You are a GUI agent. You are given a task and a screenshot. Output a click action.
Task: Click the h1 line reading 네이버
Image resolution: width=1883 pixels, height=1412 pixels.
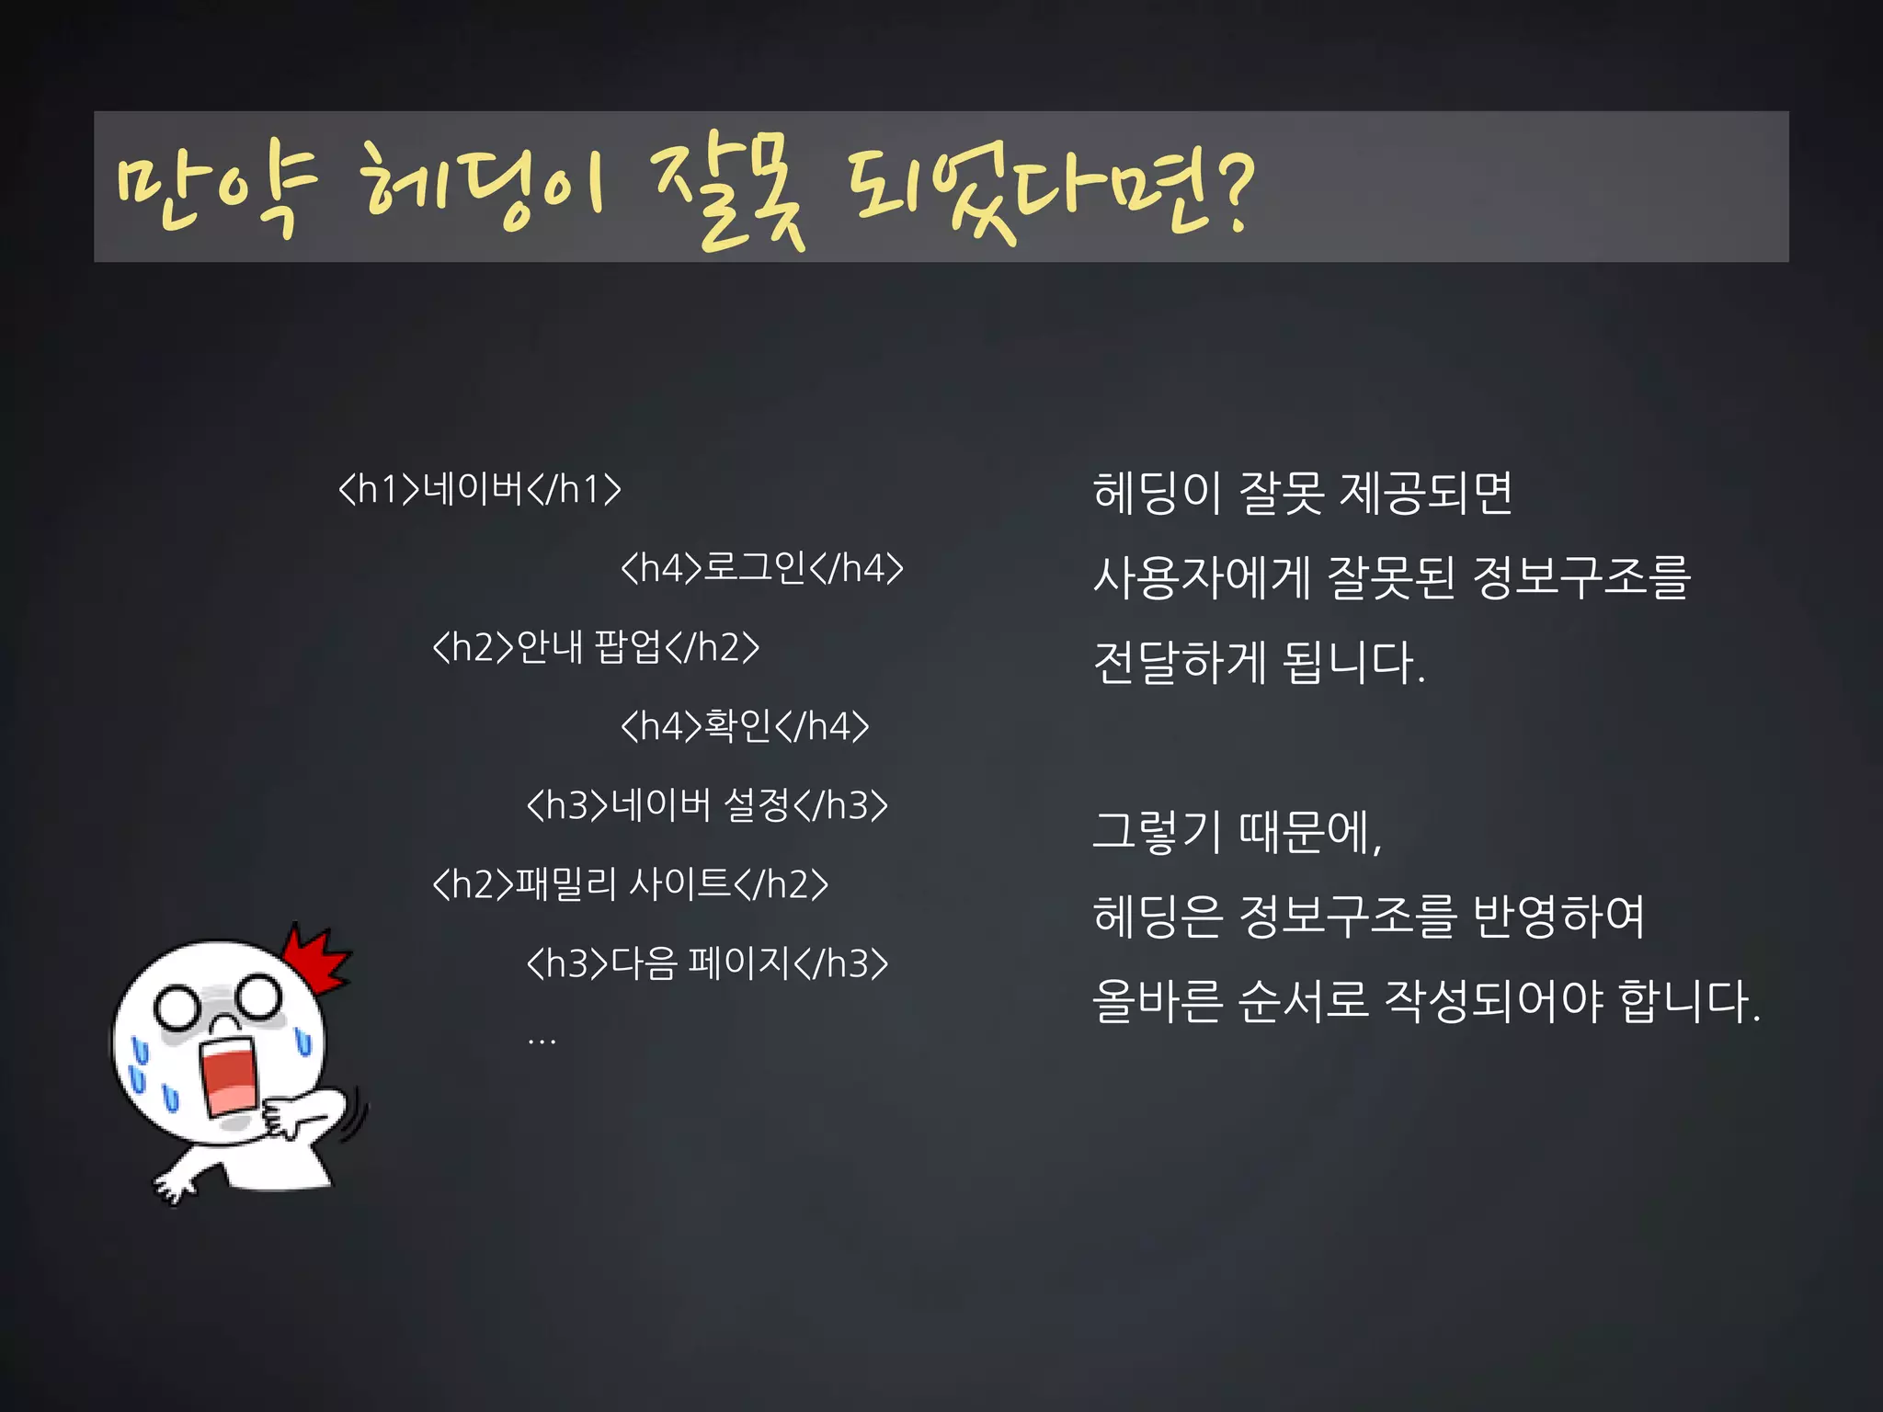click(x=479, y=489)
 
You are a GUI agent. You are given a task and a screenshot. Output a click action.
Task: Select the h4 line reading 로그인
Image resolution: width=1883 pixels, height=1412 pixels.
click(x=761, y=568)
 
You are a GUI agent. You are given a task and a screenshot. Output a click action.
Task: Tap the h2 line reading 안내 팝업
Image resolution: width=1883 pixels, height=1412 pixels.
click(x=596, y=647)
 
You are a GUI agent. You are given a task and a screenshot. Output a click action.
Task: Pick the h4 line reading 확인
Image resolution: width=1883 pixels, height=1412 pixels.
click(x=744, y=726)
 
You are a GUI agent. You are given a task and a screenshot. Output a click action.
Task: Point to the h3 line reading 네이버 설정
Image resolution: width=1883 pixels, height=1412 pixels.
click(x=706, y=805)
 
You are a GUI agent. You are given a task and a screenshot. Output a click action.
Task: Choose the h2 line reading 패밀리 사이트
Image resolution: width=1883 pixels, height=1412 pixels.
click(x=630, y=884)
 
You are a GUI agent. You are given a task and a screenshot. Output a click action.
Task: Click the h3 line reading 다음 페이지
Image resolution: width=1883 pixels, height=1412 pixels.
click(x=706, y=963)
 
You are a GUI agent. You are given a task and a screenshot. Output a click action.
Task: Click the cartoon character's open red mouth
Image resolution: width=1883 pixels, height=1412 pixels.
click(x=230, y=1076)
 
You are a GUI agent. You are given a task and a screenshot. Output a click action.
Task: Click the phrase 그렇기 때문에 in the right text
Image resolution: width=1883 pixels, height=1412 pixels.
click(x=1237, y=832)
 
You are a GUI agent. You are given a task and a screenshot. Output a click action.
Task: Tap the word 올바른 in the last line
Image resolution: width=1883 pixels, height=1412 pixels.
click(x=1157, y=1001)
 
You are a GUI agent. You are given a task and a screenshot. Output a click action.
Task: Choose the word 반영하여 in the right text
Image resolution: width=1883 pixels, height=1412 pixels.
click(x=1558, y=917)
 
